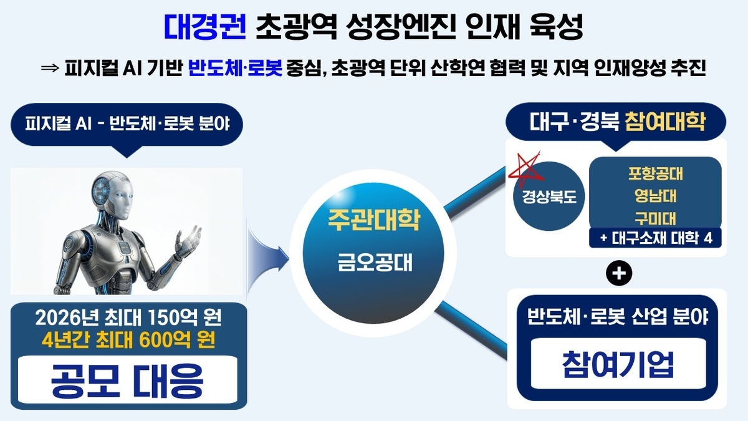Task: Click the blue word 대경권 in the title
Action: tap(205, 27)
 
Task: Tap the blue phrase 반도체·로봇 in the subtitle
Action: tap(235, 68)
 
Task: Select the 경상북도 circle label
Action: tap(549, 196)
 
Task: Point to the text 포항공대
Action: tap(655, 174)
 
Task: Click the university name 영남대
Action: tap(655, 196)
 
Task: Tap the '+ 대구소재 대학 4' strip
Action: tap(655, 238)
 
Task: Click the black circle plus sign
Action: tap(619, 273)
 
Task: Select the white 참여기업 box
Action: tap(618, 364)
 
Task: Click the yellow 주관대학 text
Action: tap(373, 220)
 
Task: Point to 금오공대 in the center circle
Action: tap(375, 262)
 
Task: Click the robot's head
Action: tap(114, 195)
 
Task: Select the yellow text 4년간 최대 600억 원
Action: tap(128, 340)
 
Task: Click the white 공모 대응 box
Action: tap(128, 380)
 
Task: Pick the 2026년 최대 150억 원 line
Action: tap(128, 317)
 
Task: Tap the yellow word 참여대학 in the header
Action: tap(664, 122)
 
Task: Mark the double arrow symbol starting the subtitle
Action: tap(50, 68)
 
